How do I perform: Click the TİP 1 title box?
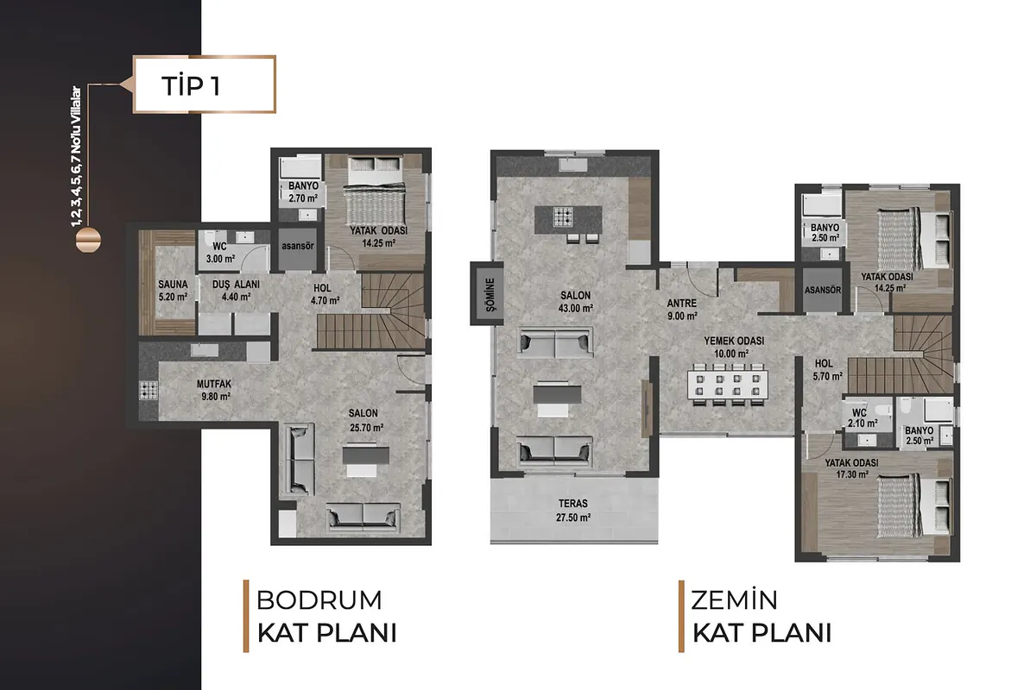coord(205,85)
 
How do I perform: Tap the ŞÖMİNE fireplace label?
coord(491,294)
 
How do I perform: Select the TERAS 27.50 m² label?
coord(573,511)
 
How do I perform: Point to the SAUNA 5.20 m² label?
coord(173,291)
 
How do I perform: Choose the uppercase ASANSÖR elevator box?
coord(823,291)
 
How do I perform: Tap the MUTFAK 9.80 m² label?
coord(214,391)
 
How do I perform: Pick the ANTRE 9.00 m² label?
coord(681,310)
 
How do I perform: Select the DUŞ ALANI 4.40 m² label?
coord(236,291)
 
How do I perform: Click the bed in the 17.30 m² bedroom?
coord(913,505)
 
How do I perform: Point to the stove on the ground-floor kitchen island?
coord(563,217)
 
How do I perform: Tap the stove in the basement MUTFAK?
coord(148,391)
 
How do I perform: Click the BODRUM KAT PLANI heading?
coord(326,617)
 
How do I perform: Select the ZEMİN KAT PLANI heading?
coord(761,617)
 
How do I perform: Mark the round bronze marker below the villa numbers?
coord(88,241)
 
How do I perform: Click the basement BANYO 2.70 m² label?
coord(303,192)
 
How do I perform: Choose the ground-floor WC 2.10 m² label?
coord(863,418)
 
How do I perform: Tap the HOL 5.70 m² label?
coord(828,370)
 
